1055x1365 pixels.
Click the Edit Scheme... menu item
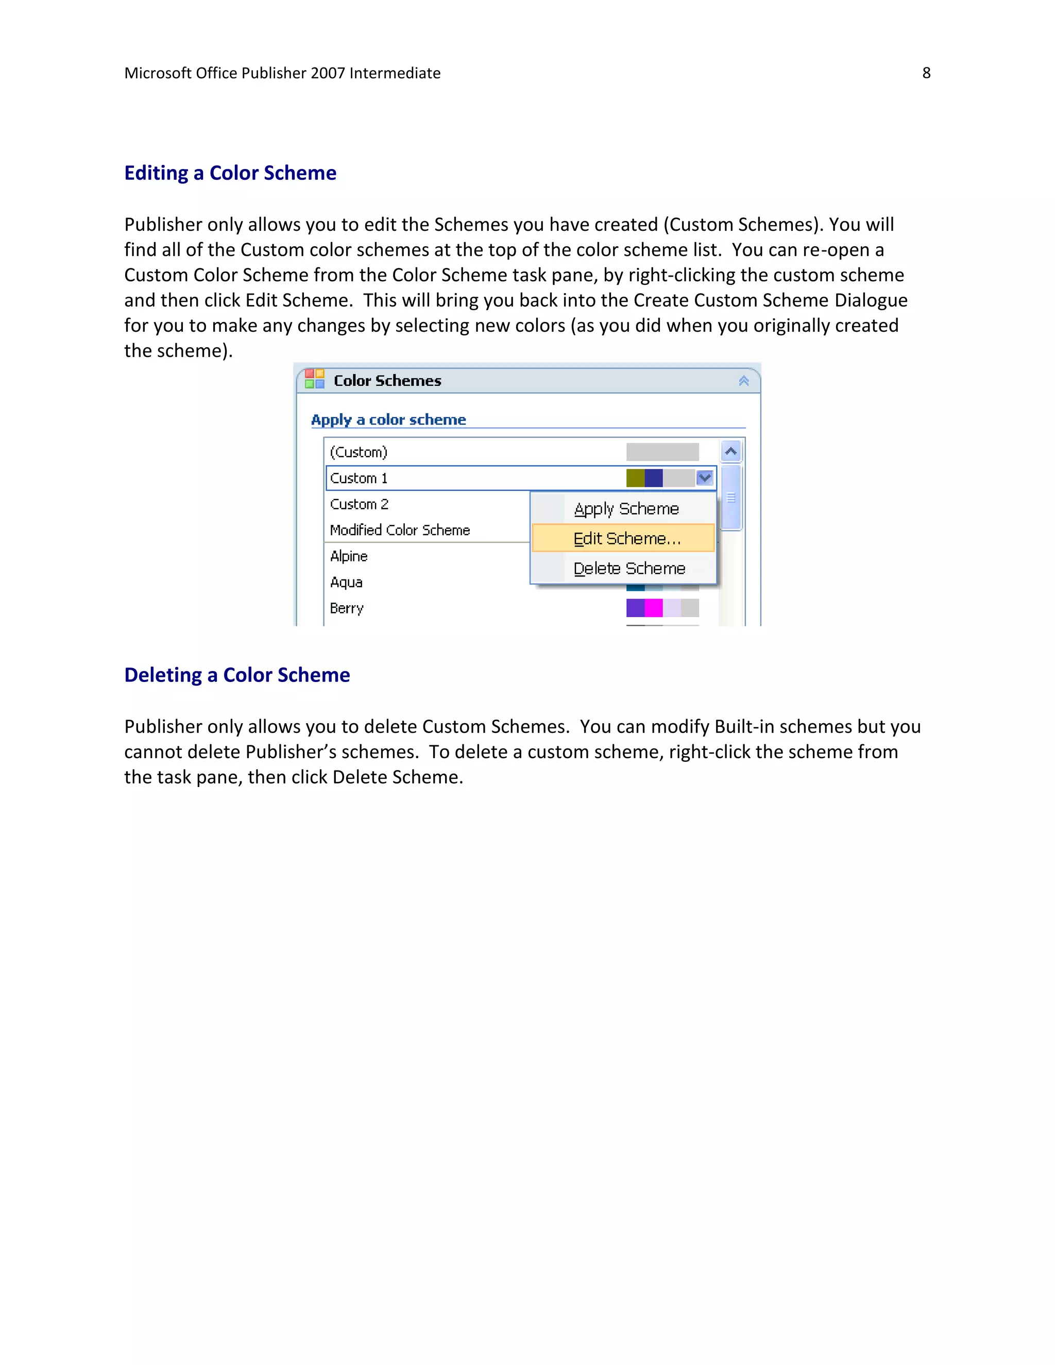627,538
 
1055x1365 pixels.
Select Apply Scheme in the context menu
626,509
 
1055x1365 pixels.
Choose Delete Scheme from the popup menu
629,568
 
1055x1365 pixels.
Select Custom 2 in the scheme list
360,504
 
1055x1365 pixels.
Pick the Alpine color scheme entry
349,556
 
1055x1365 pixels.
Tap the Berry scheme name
347,608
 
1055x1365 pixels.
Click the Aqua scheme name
346,582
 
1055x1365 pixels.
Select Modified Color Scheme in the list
400,530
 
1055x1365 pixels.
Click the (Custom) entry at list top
359,452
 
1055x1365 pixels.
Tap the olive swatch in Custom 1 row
635,478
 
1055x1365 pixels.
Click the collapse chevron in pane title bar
744,381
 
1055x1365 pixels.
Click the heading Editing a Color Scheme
230,173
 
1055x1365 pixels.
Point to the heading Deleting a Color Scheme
237,675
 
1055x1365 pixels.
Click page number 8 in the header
926,73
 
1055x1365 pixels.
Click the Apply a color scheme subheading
388,419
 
